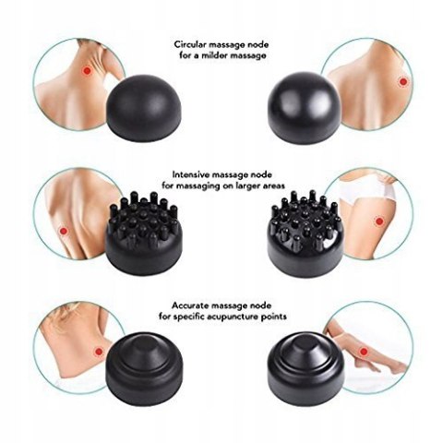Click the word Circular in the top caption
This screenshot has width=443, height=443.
190,44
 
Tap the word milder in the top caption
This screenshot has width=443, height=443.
216,55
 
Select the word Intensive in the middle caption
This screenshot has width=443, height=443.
187,174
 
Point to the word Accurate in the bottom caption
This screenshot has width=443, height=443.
188,305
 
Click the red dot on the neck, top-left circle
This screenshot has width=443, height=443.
88,71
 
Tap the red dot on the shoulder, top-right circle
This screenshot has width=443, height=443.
402,82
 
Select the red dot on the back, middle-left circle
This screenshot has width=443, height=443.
64,231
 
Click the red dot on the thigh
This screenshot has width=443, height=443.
379,221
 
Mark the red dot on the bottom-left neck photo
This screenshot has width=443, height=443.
99,351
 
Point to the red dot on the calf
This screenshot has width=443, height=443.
364,352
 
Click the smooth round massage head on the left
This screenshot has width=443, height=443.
144,108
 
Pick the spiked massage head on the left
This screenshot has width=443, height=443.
144,233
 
